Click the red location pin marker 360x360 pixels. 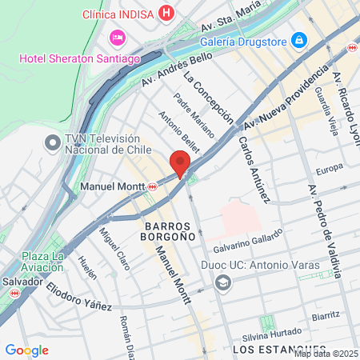(181, 164)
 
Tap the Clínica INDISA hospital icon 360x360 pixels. (166, 14)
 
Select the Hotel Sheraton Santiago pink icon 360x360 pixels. (118, 38)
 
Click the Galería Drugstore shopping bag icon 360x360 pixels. (298, 39)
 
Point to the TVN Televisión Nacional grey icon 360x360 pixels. (53, 143)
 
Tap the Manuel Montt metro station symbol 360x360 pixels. (153, 186)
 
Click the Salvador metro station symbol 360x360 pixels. (14, 293)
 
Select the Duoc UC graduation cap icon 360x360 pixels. (223, 283)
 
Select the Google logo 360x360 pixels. (26, 350)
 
